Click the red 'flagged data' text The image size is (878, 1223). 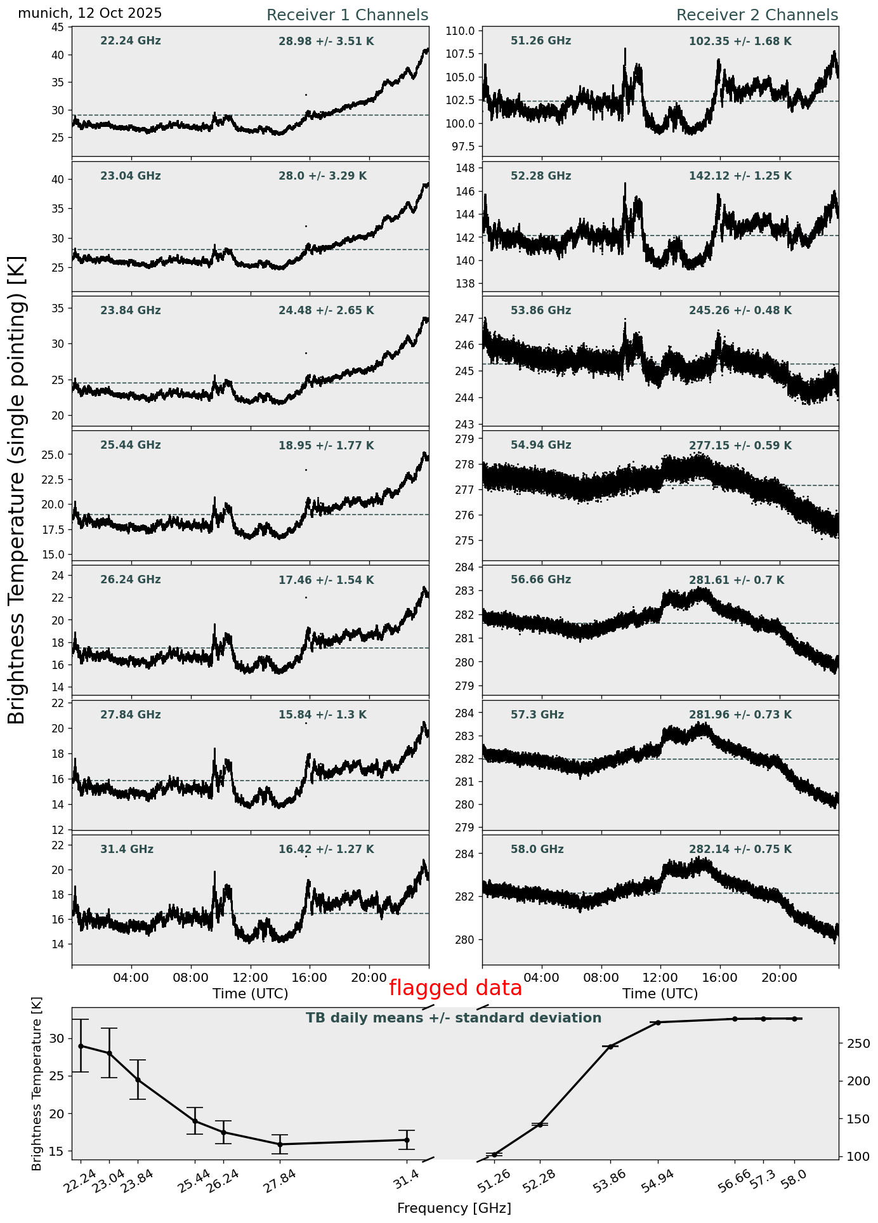pyautogui.click(x=455, y=988)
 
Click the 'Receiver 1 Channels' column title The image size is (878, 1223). pyautogui.click(x=347, y=15)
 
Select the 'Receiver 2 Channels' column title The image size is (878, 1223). pyautogui.click(x=757, y=15)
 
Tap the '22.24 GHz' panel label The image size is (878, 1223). pyautogui.click(x=131, y=41)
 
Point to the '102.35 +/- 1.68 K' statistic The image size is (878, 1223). pyautogui.click(x=740, y=42)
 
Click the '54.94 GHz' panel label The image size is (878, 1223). pyautogui.click(x=541, y=446)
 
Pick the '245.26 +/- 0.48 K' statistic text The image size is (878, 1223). pyautogui.click(x=740, y=311)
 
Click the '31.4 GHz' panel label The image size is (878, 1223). pyautogui.click(x=127, y=849)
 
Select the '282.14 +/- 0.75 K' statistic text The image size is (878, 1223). pyautogui.click(x=740, y=849)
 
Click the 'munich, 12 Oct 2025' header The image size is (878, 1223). pyautogui.click(x=89, y=13)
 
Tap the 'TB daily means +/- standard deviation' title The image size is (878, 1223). pyautogui.click(x=454, y=1018)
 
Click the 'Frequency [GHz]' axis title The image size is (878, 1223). pyautogui.click(x=454, y=1208)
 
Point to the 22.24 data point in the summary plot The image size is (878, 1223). pyautogui.click(x=81, y=1046)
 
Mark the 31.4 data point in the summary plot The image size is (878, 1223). pyautogui.click(x=407, y=1140)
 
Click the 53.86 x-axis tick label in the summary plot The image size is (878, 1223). pyautogui.click(x=610, y=1182)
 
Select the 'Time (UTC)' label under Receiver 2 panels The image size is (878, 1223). pyautogui.click(x=660, y=993)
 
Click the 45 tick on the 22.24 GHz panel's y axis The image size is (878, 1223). pyautogui.click(x=58, y=27)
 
